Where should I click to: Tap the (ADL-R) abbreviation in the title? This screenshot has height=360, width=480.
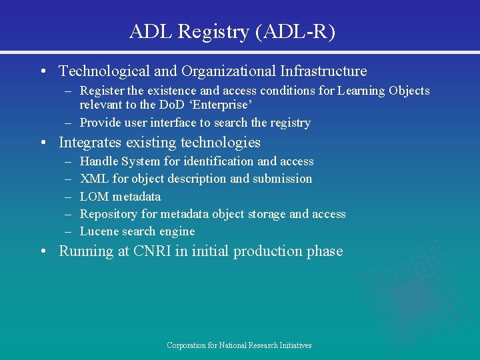[295, 31]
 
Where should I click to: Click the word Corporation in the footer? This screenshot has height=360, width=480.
[186, 345]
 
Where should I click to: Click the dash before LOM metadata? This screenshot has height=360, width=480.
[68, 197]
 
